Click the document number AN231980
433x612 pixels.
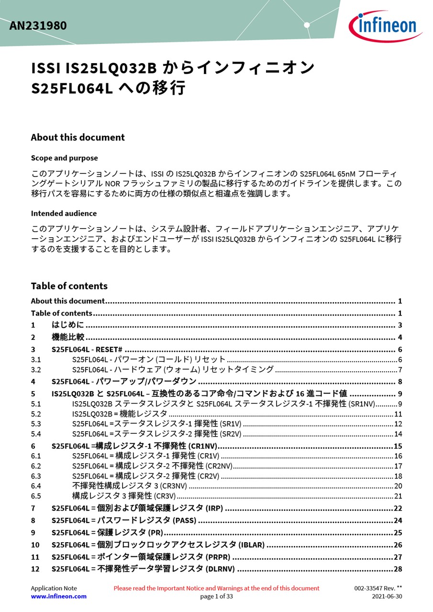tap(38, 26)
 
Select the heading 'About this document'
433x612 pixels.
tap(78, 138)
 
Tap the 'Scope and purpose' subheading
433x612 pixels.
tap(64, 158)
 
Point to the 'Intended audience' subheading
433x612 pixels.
tap(64, 214)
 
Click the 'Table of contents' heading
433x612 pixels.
tap(69, 286)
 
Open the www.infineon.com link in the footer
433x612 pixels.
tap(58, 596)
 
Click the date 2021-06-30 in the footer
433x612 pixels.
tap(387, 596)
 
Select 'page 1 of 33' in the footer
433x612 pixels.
tap(216, 596)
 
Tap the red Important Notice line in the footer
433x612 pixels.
tap(216, 588)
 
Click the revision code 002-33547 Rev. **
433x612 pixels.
tap(378, 588)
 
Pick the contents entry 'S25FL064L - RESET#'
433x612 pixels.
tap(87, 350)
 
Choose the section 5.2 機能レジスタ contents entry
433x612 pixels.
tap(120, 414)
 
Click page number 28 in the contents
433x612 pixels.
tap(398, 569)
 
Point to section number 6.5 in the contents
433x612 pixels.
tap(36, 496)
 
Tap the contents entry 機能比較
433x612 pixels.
tap(68, 337)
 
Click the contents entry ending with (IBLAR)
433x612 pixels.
tap(158, 545)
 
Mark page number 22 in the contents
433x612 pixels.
tap(398, 508)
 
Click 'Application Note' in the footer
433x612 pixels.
tap(54, 588)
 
